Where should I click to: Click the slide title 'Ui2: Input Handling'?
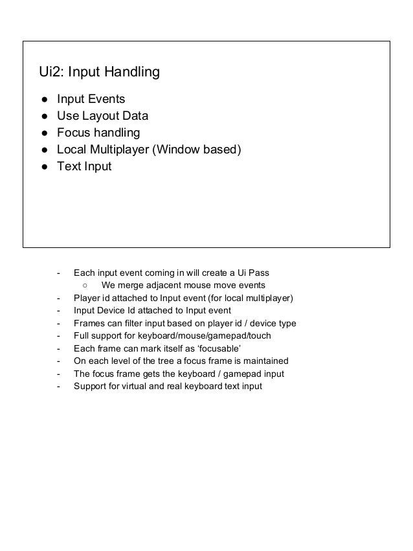click(100, 72)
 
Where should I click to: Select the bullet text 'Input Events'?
click(91, 100)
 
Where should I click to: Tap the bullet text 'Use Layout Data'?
click(102, 117)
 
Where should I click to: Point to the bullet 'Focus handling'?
click(98, 133)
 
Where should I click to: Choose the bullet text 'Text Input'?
click(84, 167)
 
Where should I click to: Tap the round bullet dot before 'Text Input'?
click(43, 167)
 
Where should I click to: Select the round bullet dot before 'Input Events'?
click(43, 100)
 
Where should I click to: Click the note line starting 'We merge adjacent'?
click(183, 286)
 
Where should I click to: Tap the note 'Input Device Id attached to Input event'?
click(152, 310)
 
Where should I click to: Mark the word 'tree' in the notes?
click(146, 361)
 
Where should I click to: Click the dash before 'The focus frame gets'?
click(59, 374)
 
